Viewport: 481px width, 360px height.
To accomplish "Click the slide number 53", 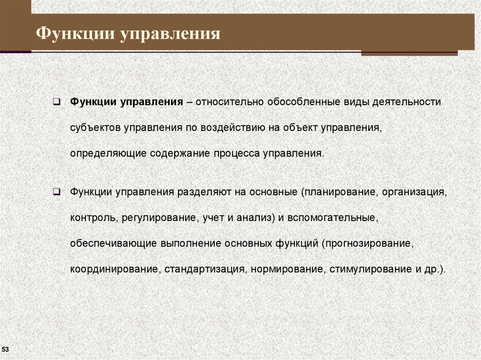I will (x=6, y=350).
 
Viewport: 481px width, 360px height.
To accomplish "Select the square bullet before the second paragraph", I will (x=55, y=192).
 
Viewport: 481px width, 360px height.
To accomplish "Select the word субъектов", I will (x=96, y=128).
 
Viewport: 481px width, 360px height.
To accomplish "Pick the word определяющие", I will (x=109, y=154).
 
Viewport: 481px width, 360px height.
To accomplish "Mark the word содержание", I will (x=181, y=154).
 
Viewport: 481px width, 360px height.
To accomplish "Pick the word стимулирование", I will (x=363, y=270).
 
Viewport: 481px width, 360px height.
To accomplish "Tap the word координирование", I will (x=115, y=270).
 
